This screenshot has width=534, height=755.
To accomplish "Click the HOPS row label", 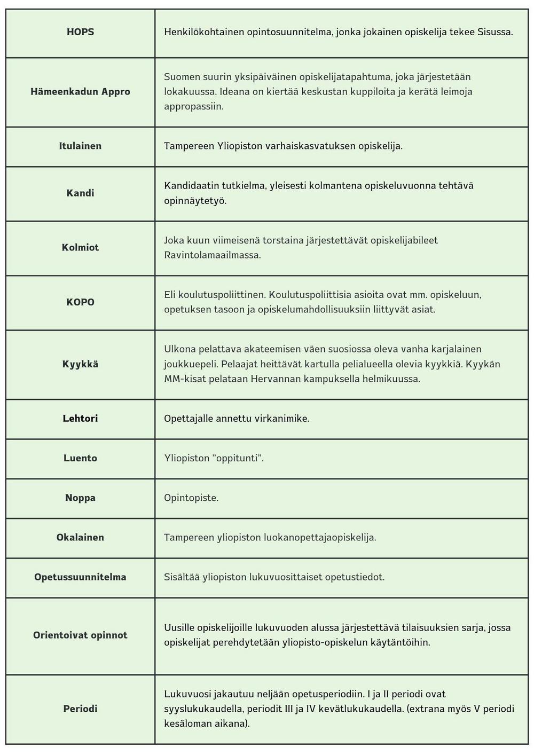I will tap(80, 32).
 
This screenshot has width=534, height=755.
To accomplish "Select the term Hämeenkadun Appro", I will tap(80, 92).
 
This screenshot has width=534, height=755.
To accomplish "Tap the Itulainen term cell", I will tap(80, 146).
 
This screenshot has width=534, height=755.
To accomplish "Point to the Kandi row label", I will tap(80, 193).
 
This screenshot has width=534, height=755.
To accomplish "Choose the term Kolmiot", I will tap(80, 248).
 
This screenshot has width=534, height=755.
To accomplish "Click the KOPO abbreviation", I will tap(80, 302).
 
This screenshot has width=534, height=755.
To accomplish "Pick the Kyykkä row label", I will tap(80, 364).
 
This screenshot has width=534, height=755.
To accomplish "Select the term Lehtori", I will tap(80, 419).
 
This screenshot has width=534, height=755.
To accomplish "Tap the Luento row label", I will tap(80, 458).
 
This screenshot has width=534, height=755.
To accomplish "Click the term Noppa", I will tap(80, 498).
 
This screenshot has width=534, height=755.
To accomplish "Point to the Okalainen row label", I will tap(80, 537).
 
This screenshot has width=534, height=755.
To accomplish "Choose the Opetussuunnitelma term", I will tap(80, 577).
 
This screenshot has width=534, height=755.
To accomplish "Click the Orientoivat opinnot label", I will tap(80, 635).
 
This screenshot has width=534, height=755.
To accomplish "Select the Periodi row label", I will tap(80, 709).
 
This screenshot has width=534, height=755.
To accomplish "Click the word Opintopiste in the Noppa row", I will tap(191, 498).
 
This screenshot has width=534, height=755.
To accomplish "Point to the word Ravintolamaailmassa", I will tap(213, 255).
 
